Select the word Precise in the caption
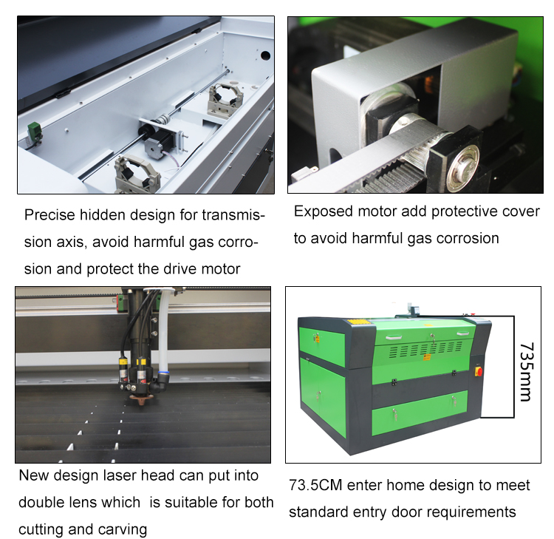[49, 215]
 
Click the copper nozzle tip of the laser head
[138, 400]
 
